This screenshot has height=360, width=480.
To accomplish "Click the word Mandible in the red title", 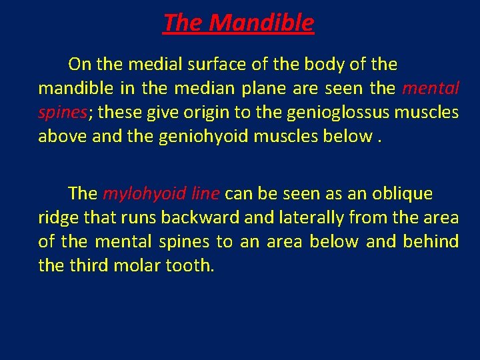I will [261, 23].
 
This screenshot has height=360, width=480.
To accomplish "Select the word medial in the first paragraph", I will [149, 65].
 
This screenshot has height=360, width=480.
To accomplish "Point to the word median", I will [249, 89].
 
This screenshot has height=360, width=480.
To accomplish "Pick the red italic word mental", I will [431, 89].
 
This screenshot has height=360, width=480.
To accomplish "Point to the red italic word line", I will [205, 194].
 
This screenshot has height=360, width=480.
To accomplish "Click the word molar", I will [137, 266].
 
